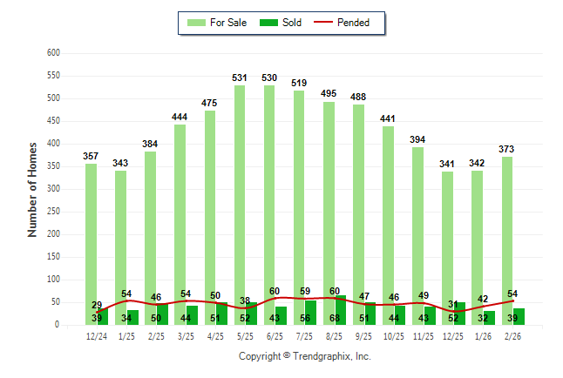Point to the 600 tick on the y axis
point(53,53)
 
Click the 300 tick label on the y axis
point(53,189)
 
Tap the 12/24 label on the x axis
point(97,336)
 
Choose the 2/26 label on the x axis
point(513,336)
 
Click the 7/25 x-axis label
point(305,336)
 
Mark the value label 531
point(240,78)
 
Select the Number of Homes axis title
point(32,189)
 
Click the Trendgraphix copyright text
point(305,356)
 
